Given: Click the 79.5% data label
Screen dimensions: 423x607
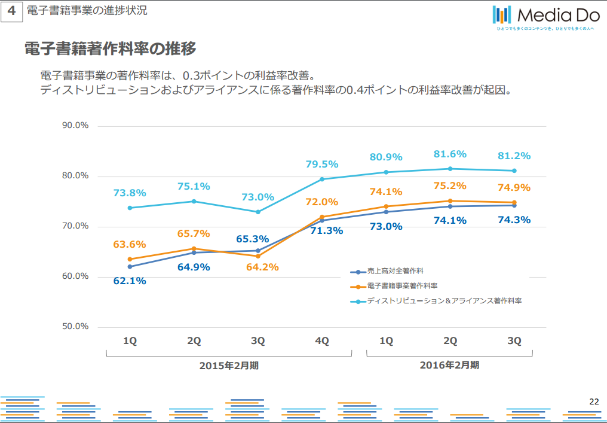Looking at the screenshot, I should tap(322, 164).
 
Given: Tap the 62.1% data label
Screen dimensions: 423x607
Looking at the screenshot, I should tap(130, 281).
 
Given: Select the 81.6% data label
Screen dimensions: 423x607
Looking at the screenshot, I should tap(450, 154).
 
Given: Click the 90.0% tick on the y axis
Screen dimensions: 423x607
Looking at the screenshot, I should tap(75, 126).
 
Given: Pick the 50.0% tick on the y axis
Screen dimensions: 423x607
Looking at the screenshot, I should tap(75, 327).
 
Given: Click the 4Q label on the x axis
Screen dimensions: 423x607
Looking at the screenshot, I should tap(322, 341).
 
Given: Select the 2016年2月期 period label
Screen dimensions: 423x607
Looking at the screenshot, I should tap(449, 364).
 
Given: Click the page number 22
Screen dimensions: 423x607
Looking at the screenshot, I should tap(594, 401).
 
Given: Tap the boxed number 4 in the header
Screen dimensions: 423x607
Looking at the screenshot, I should tap(11, 11).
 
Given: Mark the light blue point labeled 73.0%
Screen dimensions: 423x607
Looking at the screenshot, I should tap(258, 212).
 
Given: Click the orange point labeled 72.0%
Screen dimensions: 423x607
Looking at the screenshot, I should tap(322, 217).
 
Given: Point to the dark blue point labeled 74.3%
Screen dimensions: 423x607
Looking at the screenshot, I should tap(514, 205).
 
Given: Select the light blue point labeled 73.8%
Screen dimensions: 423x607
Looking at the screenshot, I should tap(130, 208).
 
